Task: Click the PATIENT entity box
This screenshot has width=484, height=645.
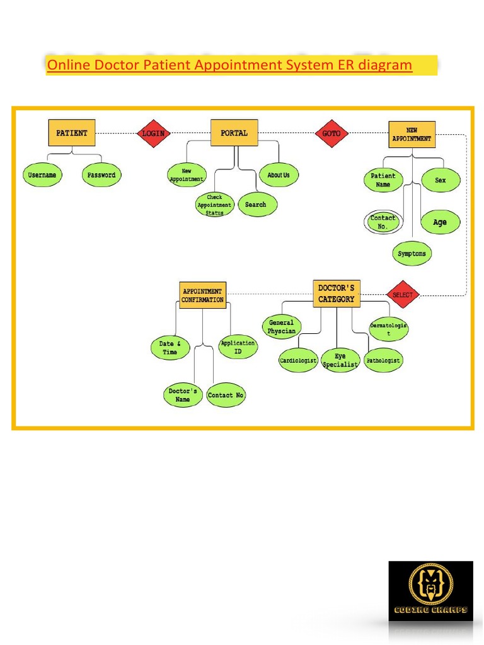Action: (x=72, y=133)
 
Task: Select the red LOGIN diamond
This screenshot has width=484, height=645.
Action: (x=153, y=134)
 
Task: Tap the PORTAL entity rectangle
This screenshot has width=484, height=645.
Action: (x=234, y=133)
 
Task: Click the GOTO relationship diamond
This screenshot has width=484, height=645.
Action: (x=331, y=134)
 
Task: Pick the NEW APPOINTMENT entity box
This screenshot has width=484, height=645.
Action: (x=412, y=134)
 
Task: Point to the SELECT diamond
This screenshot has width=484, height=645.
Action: (x=403, y=295)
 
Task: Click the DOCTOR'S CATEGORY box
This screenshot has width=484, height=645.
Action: (x=337, y=294)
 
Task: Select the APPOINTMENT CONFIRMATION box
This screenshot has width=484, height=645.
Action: (x=202, y=295)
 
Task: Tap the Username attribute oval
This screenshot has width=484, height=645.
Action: (x=42, y=175)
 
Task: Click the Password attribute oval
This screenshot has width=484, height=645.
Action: (x=101, y=175)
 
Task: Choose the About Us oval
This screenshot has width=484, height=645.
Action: (x=279, y=175)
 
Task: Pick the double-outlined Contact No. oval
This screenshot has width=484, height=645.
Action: (x=383, y=222)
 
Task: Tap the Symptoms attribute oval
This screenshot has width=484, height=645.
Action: (x=412, y=254)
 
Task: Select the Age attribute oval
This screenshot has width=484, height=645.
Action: (x=440, y=222)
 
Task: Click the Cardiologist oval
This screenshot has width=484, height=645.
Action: (x=298, y=361)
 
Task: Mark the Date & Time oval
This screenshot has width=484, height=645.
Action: (x=170, y=348)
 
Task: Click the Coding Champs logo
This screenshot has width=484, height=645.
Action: (x=430, y=591)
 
